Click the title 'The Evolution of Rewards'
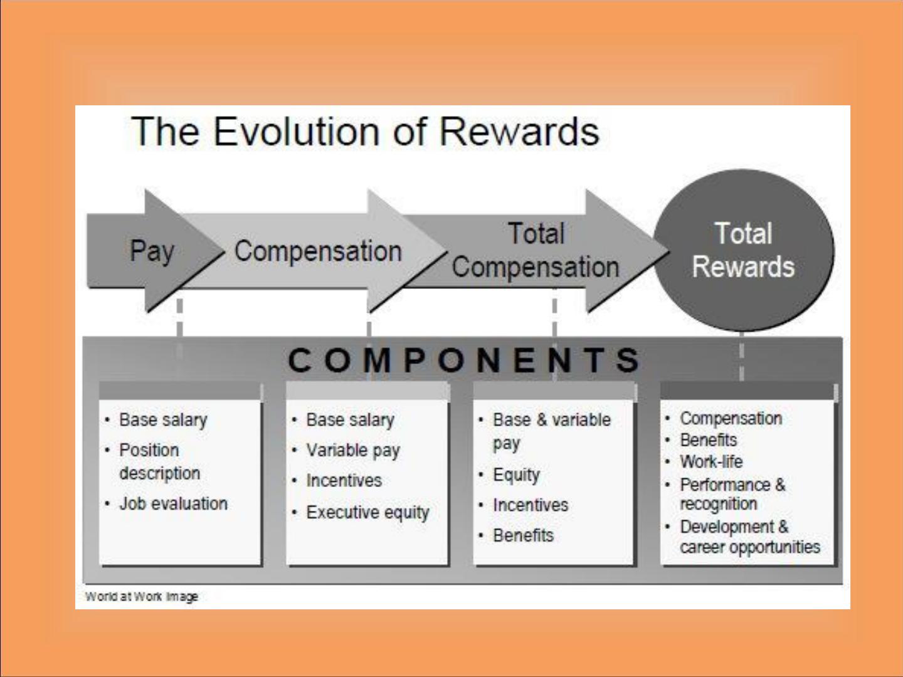pyautogui.click(x=365, y=132)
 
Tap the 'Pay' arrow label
pyautogui.click(x=152, y=251)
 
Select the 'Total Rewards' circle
pyautogui.click(x=743, y=250)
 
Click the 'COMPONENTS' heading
pyautogui.click(x=463, y=360)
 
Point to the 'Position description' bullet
pyautogui.click(x=160, y=461)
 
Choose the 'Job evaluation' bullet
pyautogui.click(x=173, y=504)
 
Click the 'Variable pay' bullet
pyautogui.click(x=353, y=451)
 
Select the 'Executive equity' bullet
pyautogui.click(x=367, y=513)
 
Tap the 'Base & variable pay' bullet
pyautogui.click(x=552, y=432)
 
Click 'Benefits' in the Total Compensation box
pyautogui.click(x=523, y=535)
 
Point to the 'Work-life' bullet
pyautogui.click(x=711, y=461)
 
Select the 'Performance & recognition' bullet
pyautogui.click(x=732, y=494)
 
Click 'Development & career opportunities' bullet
pyautogui.click(x=749, y=537)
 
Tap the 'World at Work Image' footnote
pyautogui.click(x=142, y=596)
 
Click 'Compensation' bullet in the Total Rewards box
pyautogui.click(x=731, y=419)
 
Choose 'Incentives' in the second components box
pyautogui.click(x=344, y=481)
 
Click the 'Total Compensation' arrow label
pyautogui.click(x=536, y=250)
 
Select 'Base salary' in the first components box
pyautogui.click(x=163, y=420)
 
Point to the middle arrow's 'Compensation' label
pyautogui.click(x=318, y=251)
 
